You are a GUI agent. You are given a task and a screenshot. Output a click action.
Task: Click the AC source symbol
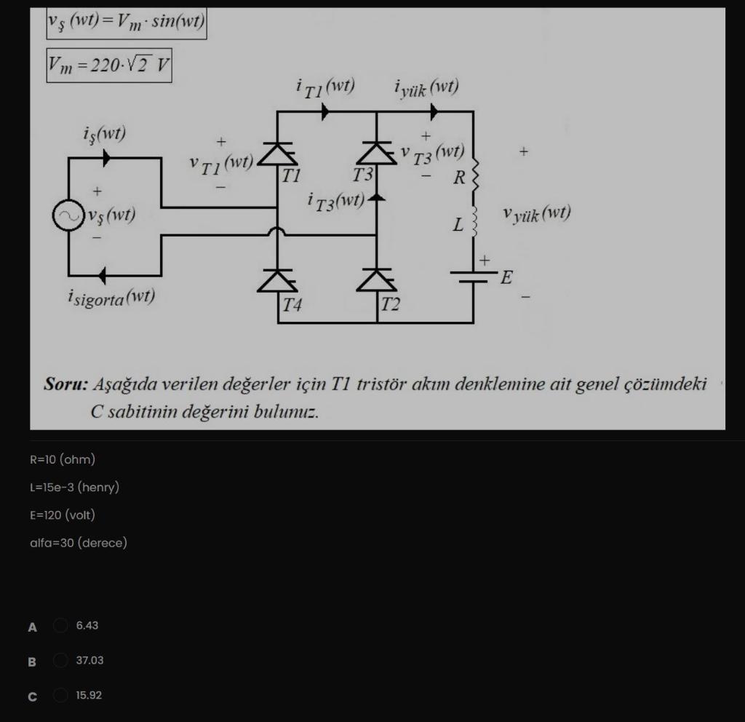click(68, 216)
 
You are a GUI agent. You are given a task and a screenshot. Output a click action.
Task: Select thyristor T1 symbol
click(277, 154)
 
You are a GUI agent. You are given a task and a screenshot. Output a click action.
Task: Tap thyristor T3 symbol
click(376, 154)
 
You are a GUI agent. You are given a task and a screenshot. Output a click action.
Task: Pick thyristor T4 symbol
click(277, 280)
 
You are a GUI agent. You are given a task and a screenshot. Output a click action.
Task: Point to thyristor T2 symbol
click(376, 280)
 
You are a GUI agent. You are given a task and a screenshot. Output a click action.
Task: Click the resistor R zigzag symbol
click(474, 175)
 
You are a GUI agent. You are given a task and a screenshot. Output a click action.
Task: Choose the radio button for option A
click(61, 626)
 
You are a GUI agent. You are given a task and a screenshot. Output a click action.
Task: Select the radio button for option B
click(61, 661)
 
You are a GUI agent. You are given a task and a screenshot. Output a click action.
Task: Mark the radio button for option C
click(61, 696)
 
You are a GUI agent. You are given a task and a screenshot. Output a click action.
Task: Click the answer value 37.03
click(89, 661)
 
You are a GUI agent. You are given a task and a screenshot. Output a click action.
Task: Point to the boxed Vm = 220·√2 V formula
click(109, 66)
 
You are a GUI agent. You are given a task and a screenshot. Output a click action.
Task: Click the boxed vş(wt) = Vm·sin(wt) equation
click(127, 23)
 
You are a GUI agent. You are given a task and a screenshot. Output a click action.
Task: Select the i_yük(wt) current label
click(426, 88)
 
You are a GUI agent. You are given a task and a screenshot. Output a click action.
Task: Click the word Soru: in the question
click(65, 384)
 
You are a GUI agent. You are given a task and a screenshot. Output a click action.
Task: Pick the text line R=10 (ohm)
click(63, 460)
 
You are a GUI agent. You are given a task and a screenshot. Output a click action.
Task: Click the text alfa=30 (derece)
click(79, 543)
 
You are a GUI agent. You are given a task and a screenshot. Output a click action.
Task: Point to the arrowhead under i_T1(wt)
click(324, 111)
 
